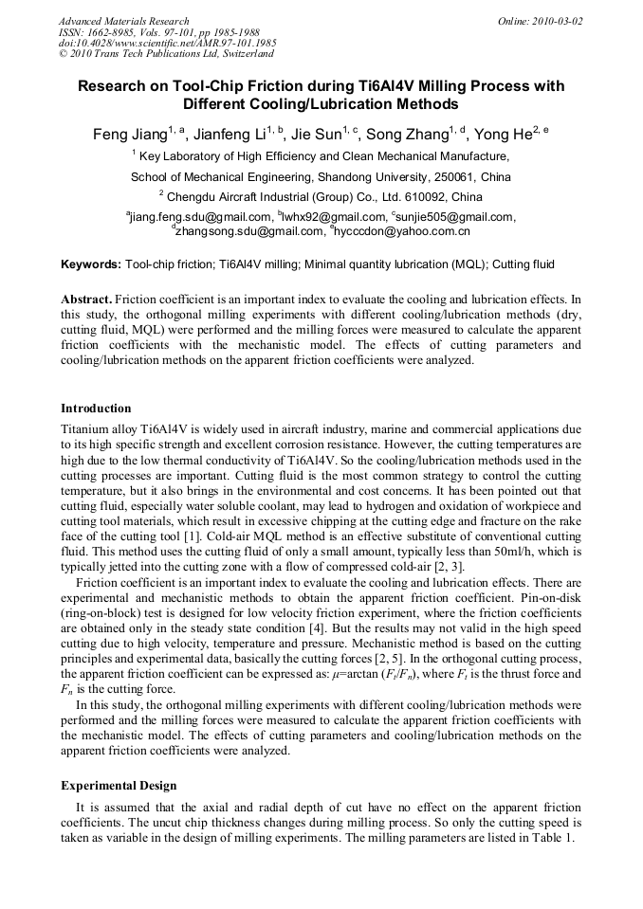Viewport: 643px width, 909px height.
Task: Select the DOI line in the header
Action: tap(168, 44)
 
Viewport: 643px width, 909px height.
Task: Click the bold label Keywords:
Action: tap(91, 264)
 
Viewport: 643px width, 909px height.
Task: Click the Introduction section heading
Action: tap(96, 409)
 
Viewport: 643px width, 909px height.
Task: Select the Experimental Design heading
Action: tap(119, 786)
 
